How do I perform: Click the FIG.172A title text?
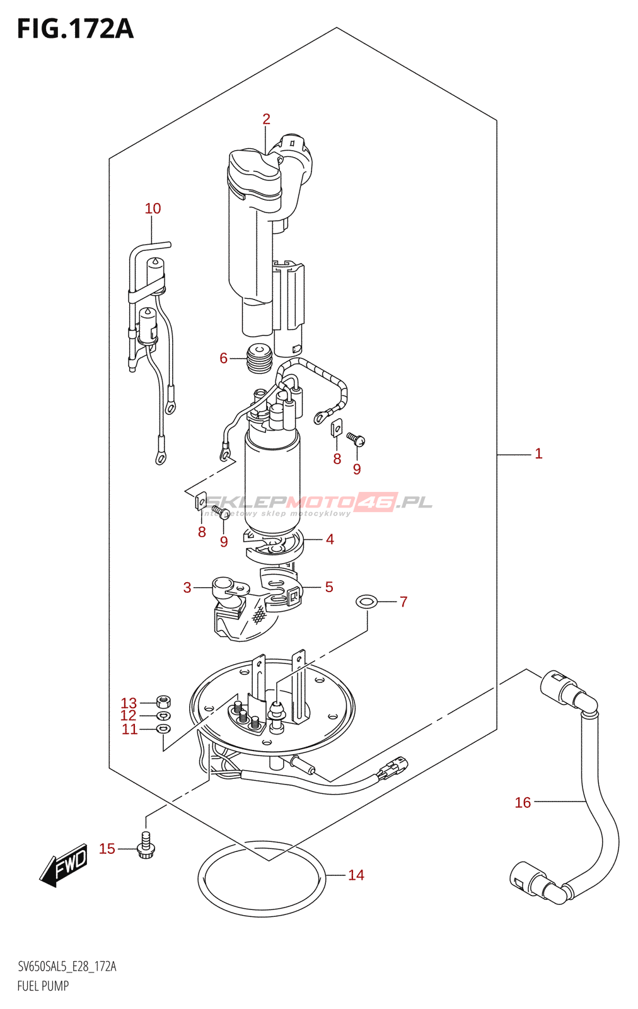[75, 30]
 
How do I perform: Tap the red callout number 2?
[266, 119]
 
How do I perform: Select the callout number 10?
[153, 208]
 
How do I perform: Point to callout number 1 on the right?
[538, 453]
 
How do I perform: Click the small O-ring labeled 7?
[367, 602]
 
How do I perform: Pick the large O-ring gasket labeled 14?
[262, 878]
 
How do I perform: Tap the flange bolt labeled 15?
[146, 847]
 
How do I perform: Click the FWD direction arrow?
[64, 865]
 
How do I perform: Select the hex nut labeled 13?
[163, 701]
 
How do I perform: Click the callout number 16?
[523, 802]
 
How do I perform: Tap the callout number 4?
[330, 539]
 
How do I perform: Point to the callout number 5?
[329, 587]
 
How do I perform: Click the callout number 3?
[187, 588]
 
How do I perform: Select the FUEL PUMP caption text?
[43, 986]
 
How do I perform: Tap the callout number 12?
[129, 715]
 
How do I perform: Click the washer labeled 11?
[163, 729]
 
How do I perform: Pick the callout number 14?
[356, 875]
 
